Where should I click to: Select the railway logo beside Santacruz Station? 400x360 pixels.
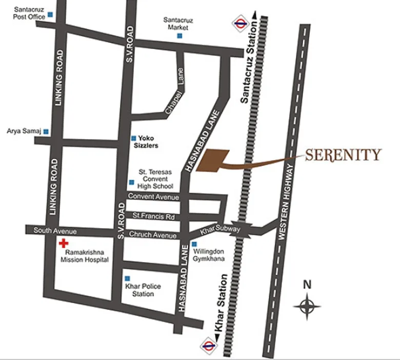point(239,22)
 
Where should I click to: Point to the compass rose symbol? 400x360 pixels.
point(307,307)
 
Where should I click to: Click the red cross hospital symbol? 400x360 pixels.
point(63,243)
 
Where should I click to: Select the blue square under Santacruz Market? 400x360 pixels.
point(179,36)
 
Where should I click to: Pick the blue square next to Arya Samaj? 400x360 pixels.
point(46,131)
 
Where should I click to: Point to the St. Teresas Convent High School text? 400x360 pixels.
point(156,179)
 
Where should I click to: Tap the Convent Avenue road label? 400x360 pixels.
point(153,197)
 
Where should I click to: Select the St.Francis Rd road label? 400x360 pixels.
point(154,217)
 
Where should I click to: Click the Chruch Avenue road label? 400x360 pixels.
point(153,235)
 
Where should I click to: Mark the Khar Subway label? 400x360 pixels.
point(220,230)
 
